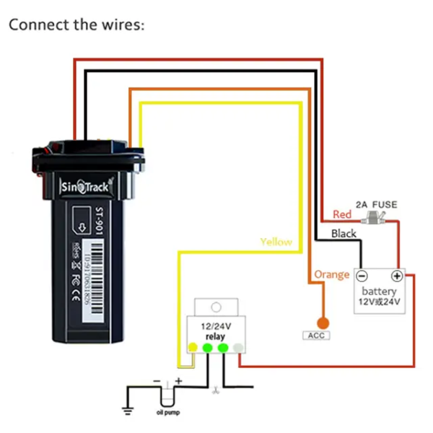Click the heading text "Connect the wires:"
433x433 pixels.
[76, 25]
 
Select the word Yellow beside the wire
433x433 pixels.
[276, 242]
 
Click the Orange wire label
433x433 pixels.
[331, 274]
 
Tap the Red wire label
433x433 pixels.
[342, 214]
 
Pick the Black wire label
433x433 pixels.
[344, 233]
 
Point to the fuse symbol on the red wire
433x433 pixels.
[373, 216]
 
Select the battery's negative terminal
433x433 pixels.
[363, 276]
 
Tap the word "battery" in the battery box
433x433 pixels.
[380, 291]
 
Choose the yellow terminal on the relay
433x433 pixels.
[193, 348]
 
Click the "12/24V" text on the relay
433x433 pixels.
[215, 326]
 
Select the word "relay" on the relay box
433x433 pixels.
[215, 336]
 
